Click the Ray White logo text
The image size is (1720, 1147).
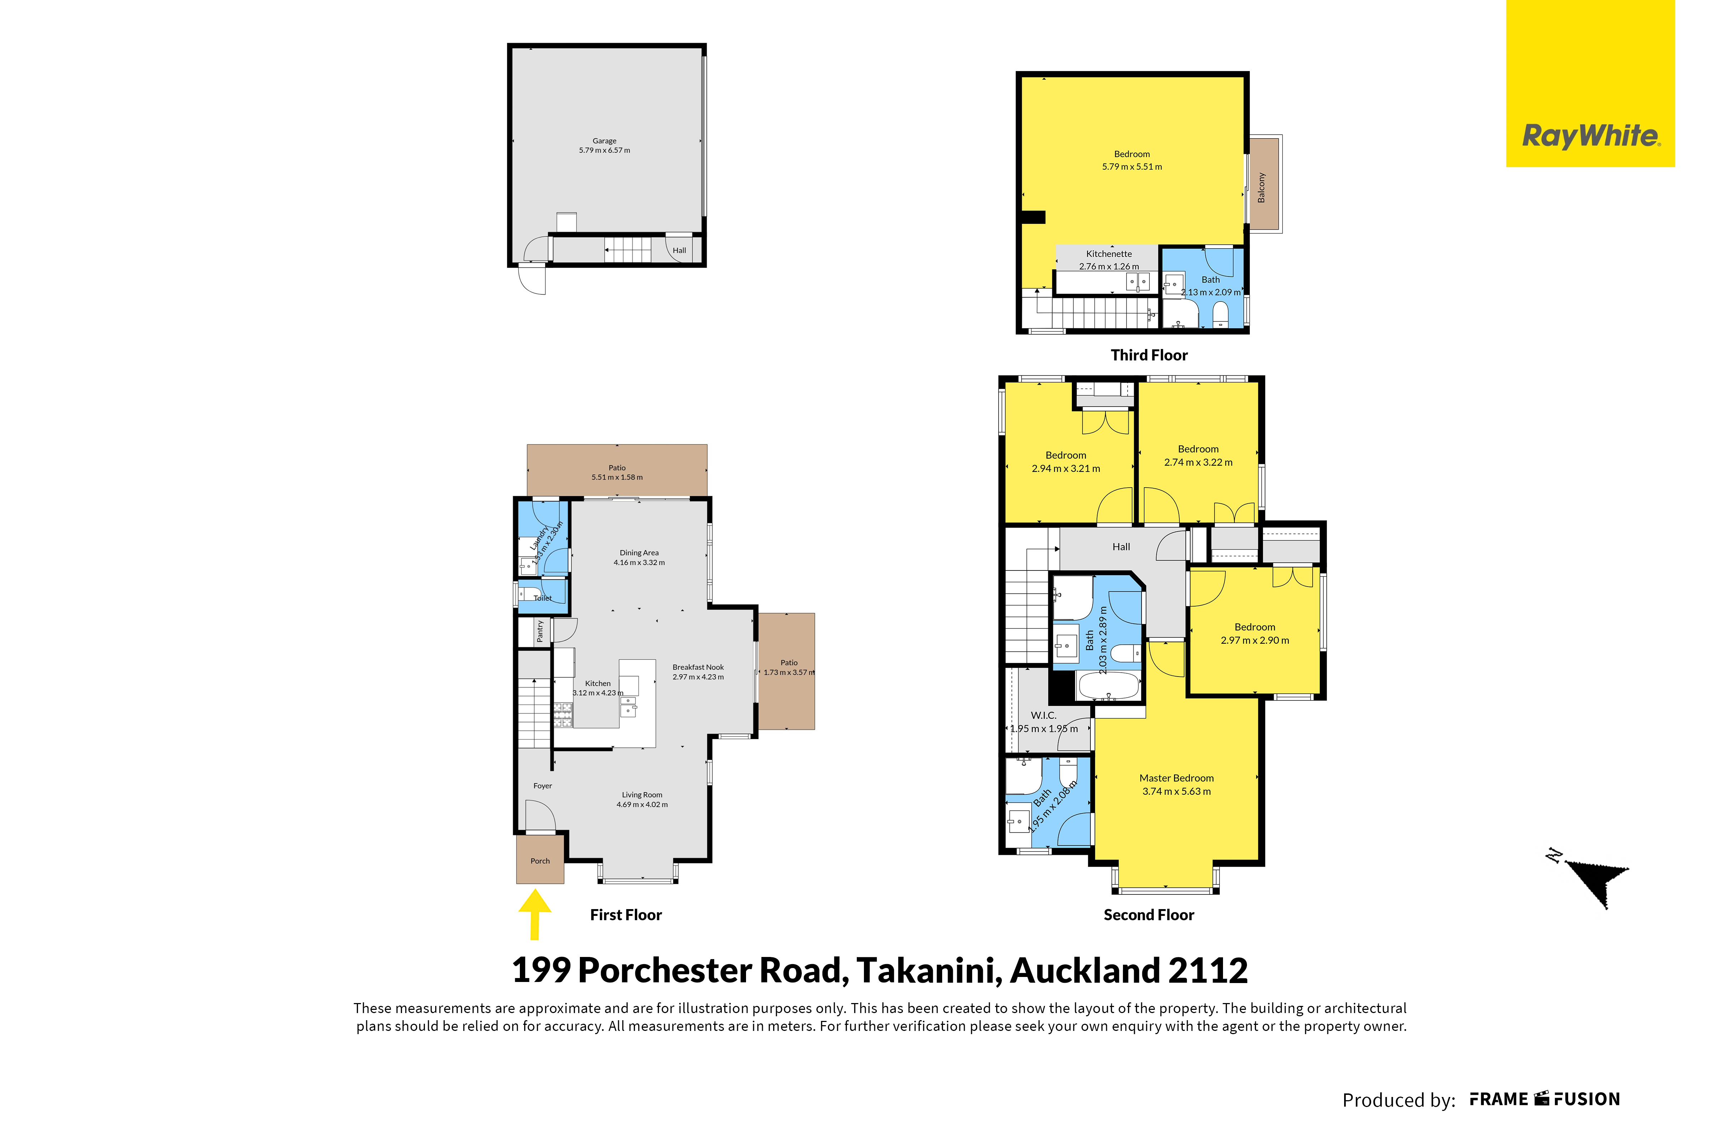[1591, 136]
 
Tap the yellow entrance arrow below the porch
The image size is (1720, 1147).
[535, 914]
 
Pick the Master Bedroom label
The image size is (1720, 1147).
[1177, 778]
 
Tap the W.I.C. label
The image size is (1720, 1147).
[1043, 715]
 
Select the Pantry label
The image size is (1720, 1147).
[540, 630]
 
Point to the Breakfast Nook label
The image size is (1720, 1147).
[698, 667]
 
